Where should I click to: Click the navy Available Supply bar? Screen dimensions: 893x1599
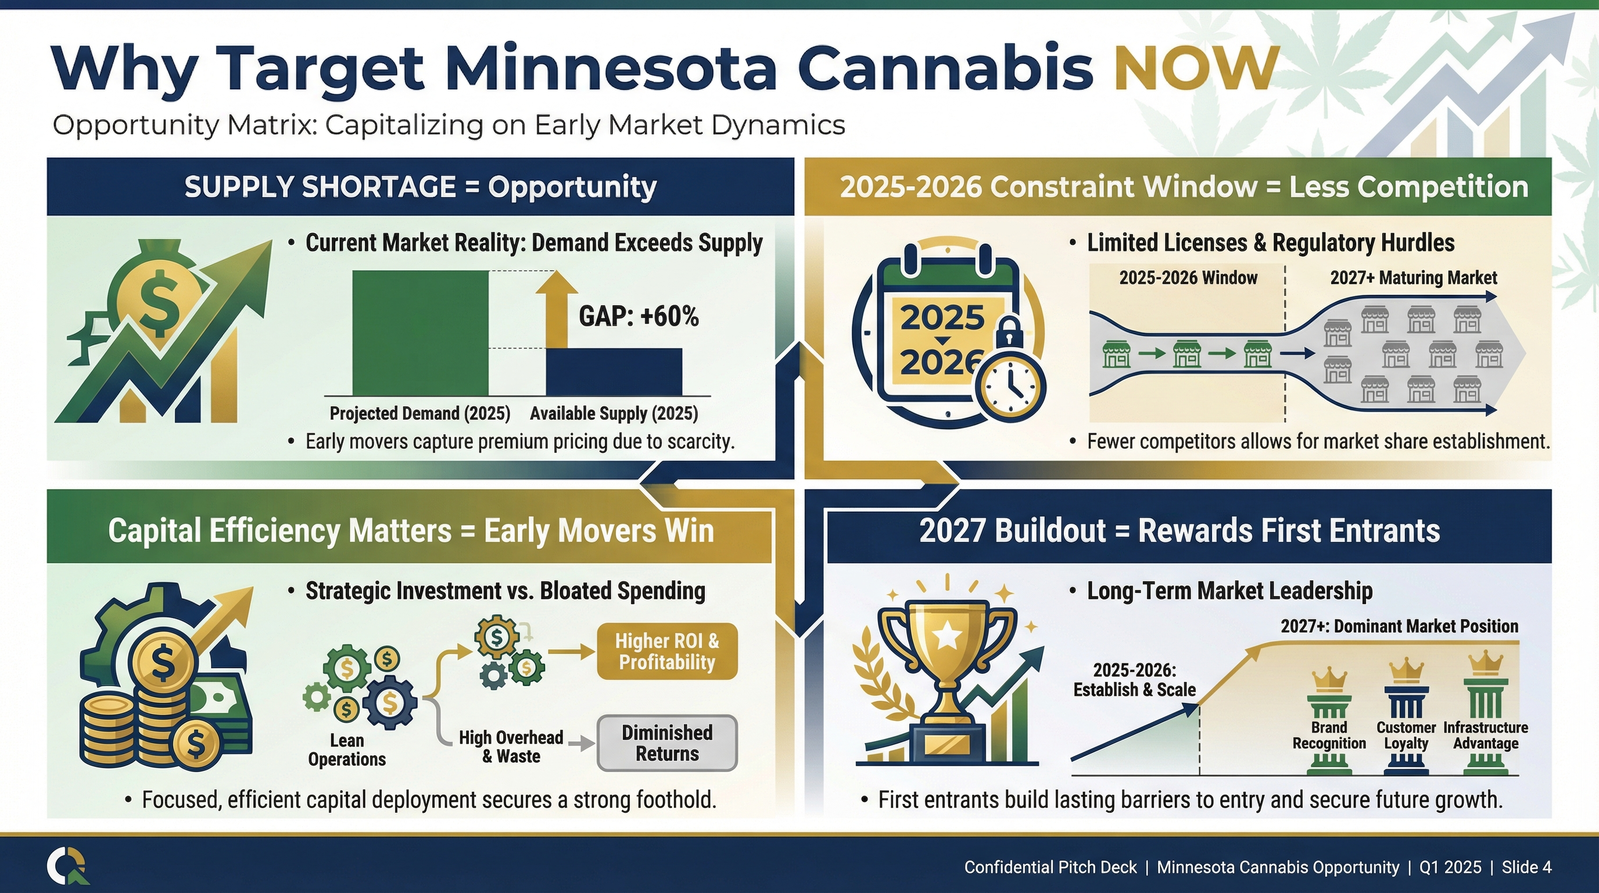coord(614,372)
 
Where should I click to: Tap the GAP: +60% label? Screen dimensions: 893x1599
coord(639,316)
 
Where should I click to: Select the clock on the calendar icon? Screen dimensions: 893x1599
coord(1010,385)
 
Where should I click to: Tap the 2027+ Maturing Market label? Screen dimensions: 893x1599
coord(1414,277)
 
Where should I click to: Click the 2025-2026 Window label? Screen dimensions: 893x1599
coord(1188,277)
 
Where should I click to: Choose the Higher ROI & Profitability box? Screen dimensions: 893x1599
coord(667,651)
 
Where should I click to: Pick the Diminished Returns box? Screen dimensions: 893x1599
coord(667,744)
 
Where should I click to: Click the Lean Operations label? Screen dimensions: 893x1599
coord(347,749)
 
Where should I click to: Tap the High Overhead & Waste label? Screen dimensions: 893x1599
coord(511,746)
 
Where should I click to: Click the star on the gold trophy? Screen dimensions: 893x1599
coord(948,635)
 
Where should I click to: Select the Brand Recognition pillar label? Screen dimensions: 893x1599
coord(1329,735)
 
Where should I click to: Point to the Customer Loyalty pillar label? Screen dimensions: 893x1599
coord(1406,735)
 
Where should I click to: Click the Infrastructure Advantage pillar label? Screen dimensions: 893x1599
coord(1485,735)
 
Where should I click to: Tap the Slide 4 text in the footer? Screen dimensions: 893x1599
coord(1526,867)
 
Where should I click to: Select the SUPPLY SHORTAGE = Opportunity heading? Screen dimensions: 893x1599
coord(420,187)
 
